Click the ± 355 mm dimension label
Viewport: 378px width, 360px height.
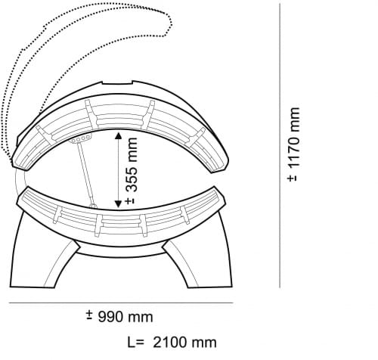(132, 170)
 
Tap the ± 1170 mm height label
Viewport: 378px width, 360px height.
(293, 144)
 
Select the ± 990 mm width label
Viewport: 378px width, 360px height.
(119, 316)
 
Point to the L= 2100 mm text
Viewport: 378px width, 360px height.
(172, 343)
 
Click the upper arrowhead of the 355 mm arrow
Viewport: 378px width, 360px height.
(118, 136)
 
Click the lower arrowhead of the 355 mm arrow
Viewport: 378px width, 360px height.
(118, 204)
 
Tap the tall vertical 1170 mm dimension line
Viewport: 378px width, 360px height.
(280, 145)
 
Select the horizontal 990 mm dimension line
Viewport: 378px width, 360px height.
(121, 303)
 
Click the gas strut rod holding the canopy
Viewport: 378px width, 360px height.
(85, 172)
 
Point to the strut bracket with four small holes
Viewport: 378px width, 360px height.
(81, 138)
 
